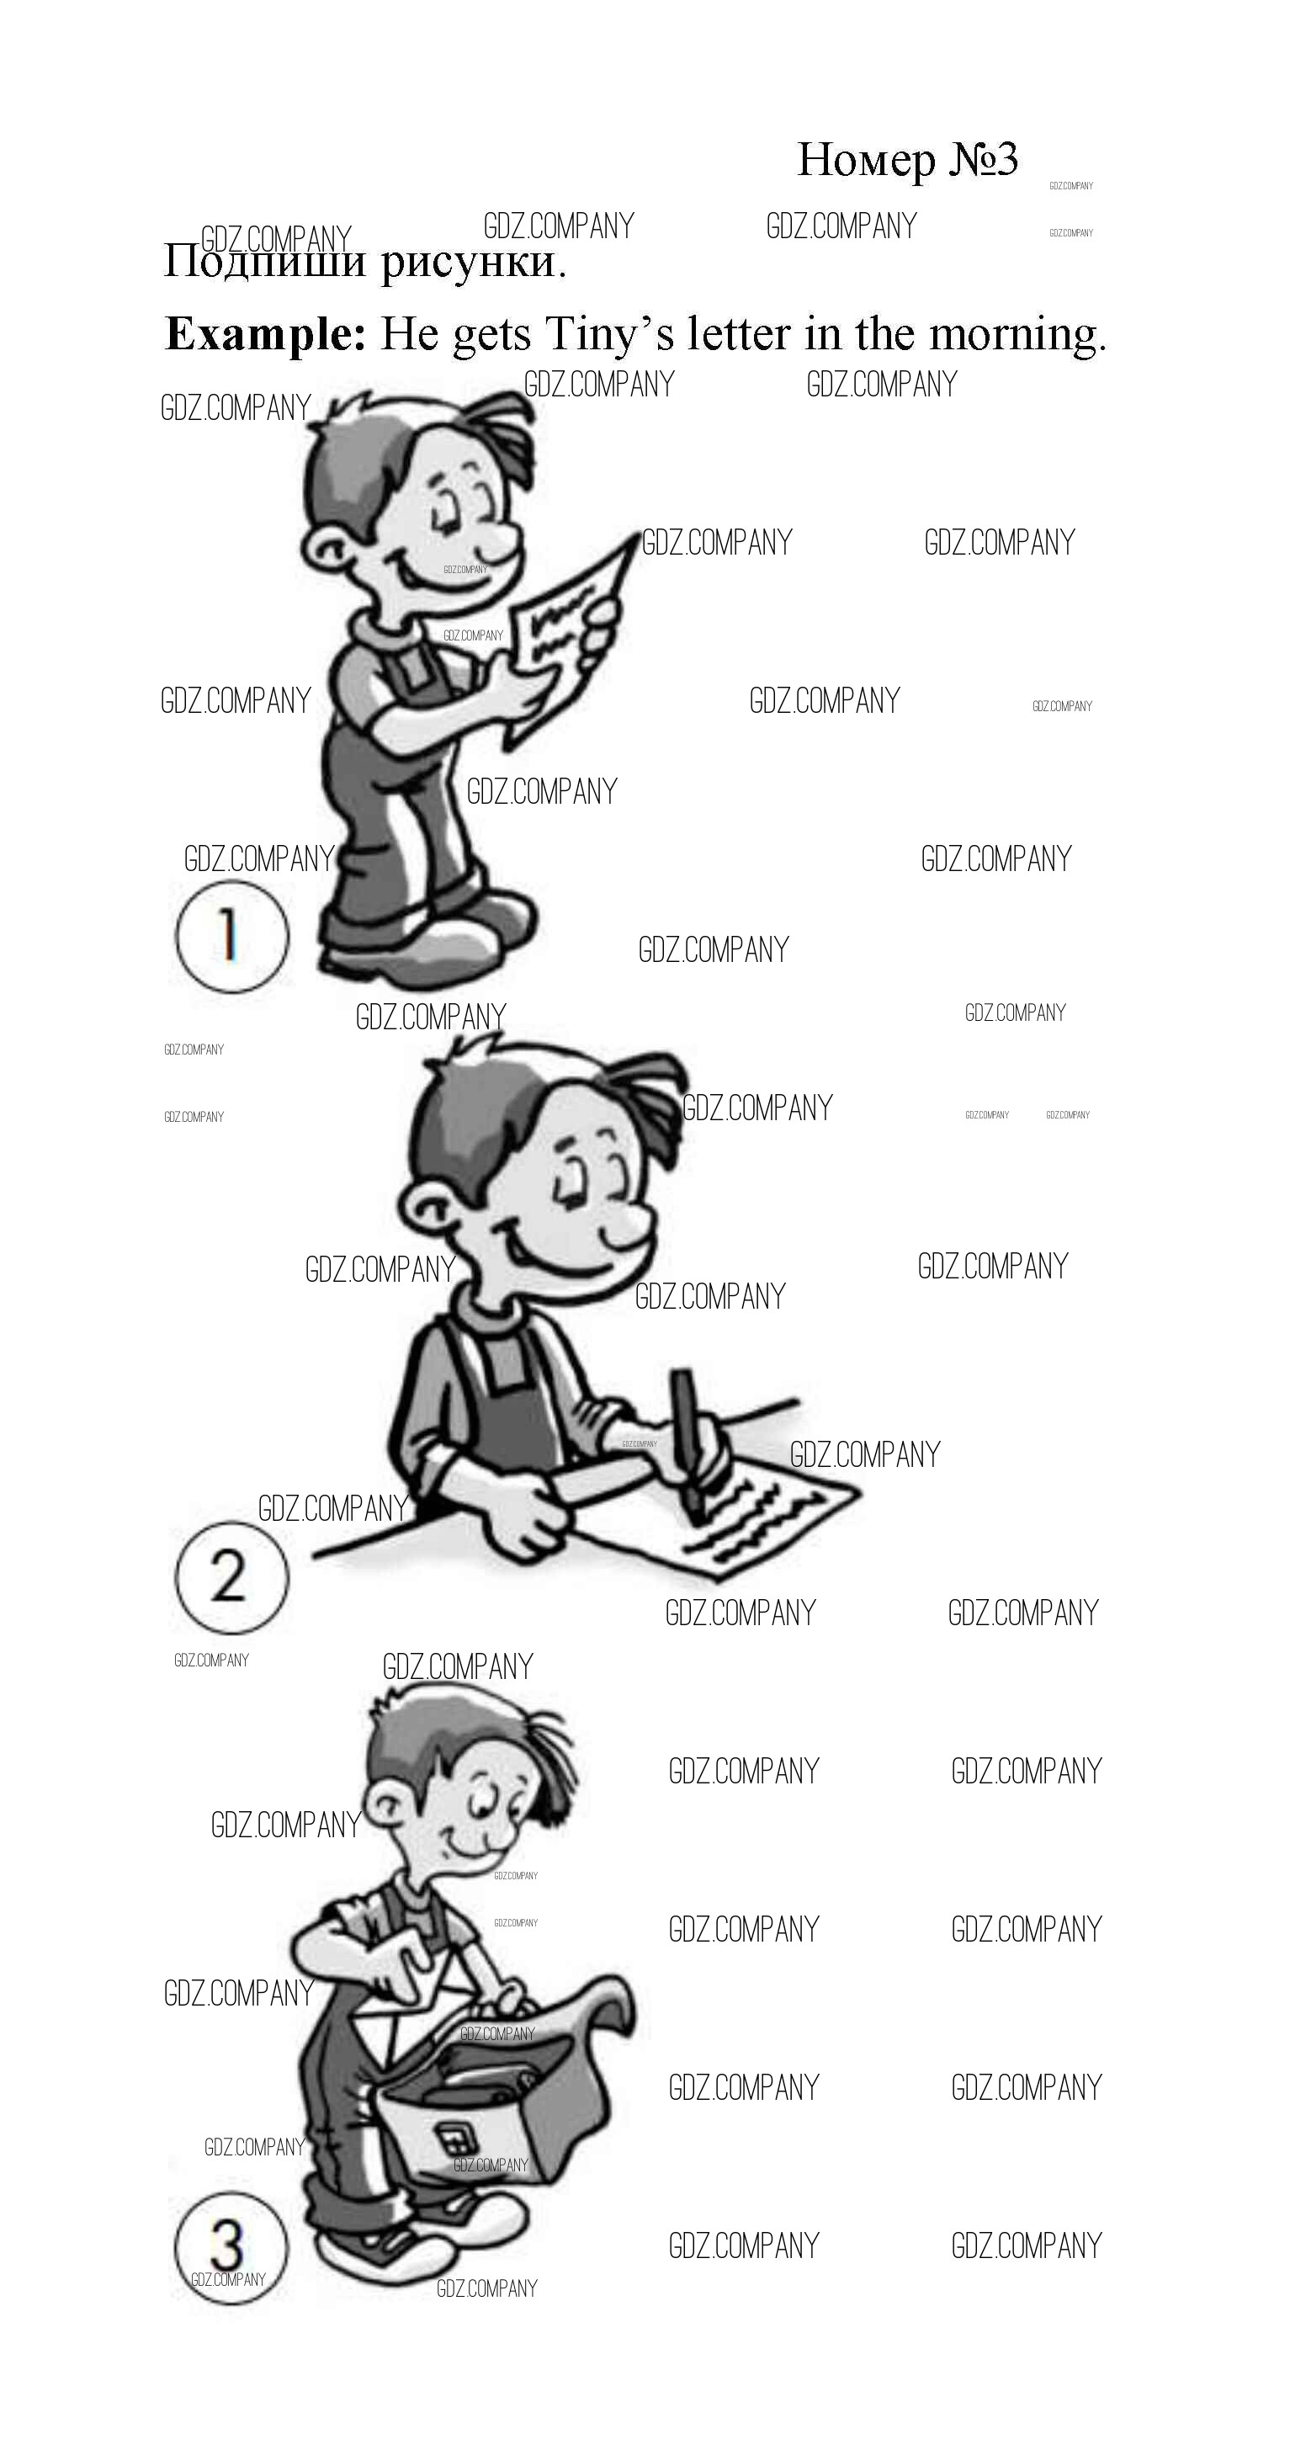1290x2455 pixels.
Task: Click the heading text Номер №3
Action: pyautogui.click(x=907, y=160)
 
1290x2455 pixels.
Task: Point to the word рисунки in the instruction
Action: pyautogui.click(x=474, y=262)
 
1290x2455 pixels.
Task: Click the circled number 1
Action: pyautogui.click(x=231, y=935)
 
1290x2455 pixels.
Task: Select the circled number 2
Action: pyautogui.click(x=231, y=1576)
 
